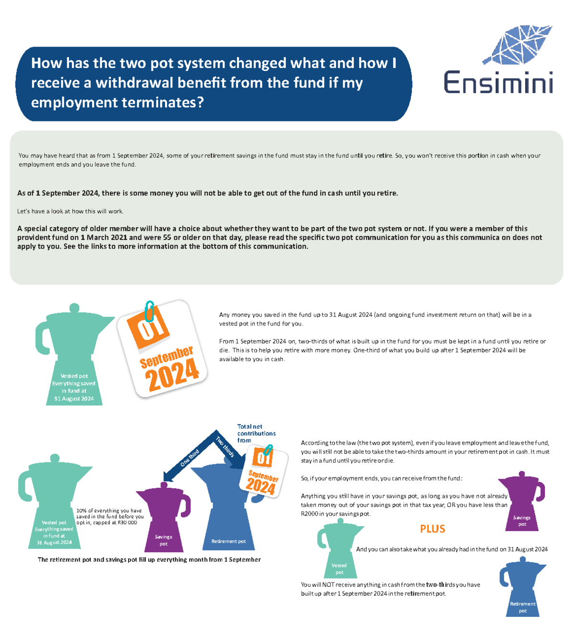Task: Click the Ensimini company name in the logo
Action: [498, 82]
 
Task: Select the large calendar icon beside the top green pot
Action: [163, 349]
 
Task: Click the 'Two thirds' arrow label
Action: [225, 447]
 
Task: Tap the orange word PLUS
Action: [432, 529]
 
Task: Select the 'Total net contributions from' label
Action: [256, 433]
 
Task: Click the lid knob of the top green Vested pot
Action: [74, 307]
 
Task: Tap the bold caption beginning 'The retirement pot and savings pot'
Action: [149, 559]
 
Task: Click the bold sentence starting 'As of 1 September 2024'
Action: [207, 193]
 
